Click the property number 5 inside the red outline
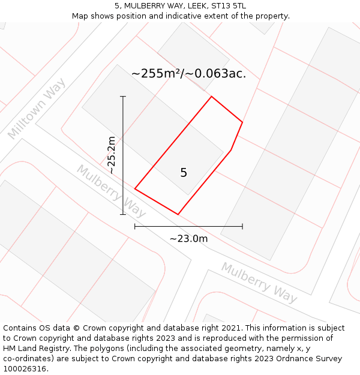184,173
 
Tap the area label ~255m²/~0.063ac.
188,74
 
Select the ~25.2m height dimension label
111,155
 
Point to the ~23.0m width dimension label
188,239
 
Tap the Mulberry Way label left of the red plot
111,191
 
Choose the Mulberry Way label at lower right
259,281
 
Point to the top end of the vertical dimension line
123,96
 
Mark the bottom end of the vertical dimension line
123,214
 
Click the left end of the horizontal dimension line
135,226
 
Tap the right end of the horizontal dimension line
242,226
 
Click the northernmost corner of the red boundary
211,97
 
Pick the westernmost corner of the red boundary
135,189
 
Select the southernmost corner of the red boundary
178,214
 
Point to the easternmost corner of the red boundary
242,122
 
